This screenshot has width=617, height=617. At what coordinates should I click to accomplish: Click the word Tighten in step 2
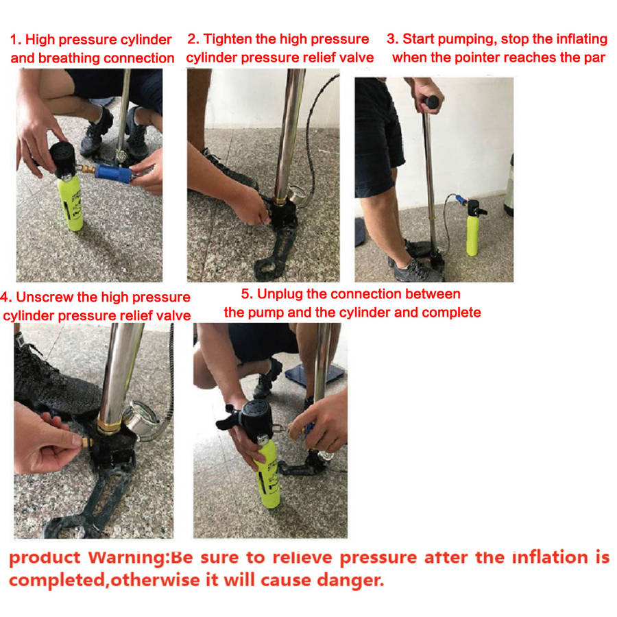pyautogui.click(x=230, y=39)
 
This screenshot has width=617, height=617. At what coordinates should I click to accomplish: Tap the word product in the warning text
pyautogui.click(x=43, y=557)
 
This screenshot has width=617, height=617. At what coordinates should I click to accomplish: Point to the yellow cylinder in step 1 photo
pyautogui.click(x=71, y=206)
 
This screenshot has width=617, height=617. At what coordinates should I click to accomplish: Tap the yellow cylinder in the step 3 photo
pyautogui.click(x=472, y=233)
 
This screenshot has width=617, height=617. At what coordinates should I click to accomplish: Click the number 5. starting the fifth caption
pyautogui.click(x=247, y=294)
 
